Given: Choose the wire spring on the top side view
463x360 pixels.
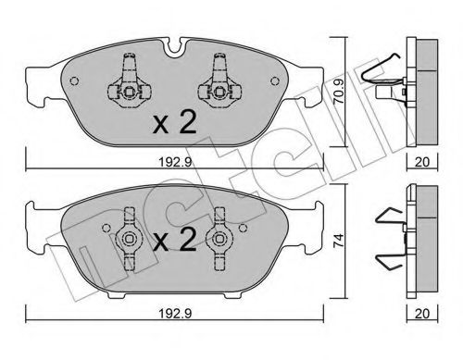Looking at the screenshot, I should [382, 74].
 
